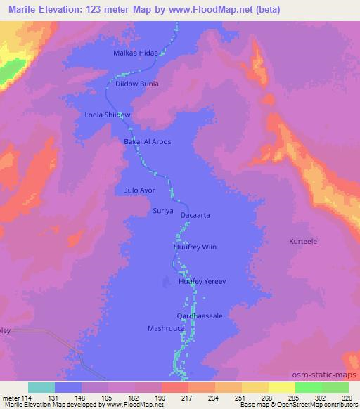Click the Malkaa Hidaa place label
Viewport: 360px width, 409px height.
click(x=138, y=53)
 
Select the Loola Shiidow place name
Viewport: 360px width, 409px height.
click(x=108, y=113)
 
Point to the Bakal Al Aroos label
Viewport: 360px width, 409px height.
click(x=148, y=141)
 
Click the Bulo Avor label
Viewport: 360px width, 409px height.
click(x=139, y=190)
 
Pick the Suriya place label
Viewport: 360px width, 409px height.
click(x=162, y=210)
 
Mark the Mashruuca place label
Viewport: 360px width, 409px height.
click(x=166, y=328)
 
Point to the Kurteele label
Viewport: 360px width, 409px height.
click(x=304, y=241)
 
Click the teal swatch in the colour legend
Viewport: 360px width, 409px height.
click(x=41, y=387)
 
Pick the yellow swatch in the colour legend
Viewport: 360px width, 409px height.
click(x=255, y=387)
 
